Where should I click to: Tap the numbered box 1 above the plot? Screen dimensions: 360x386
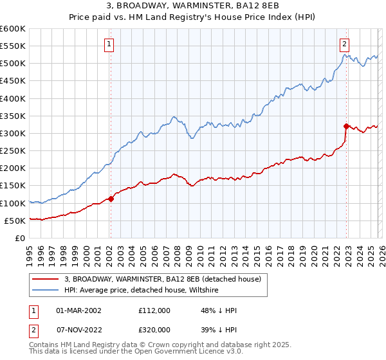tap(109, 44)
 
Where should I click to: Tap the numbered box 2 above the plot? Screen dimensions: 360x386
tap(345, 44)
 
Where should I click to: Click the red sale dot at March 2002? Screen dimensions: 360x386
tap(111, 199)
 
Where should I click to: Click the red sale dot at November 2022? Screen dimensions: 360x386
tap(346, 127)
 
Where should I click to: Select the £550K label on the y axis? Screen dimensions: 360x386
tap(13, 46)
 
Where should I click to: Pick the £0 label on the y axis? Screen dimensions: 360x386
tap(19, 238)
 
